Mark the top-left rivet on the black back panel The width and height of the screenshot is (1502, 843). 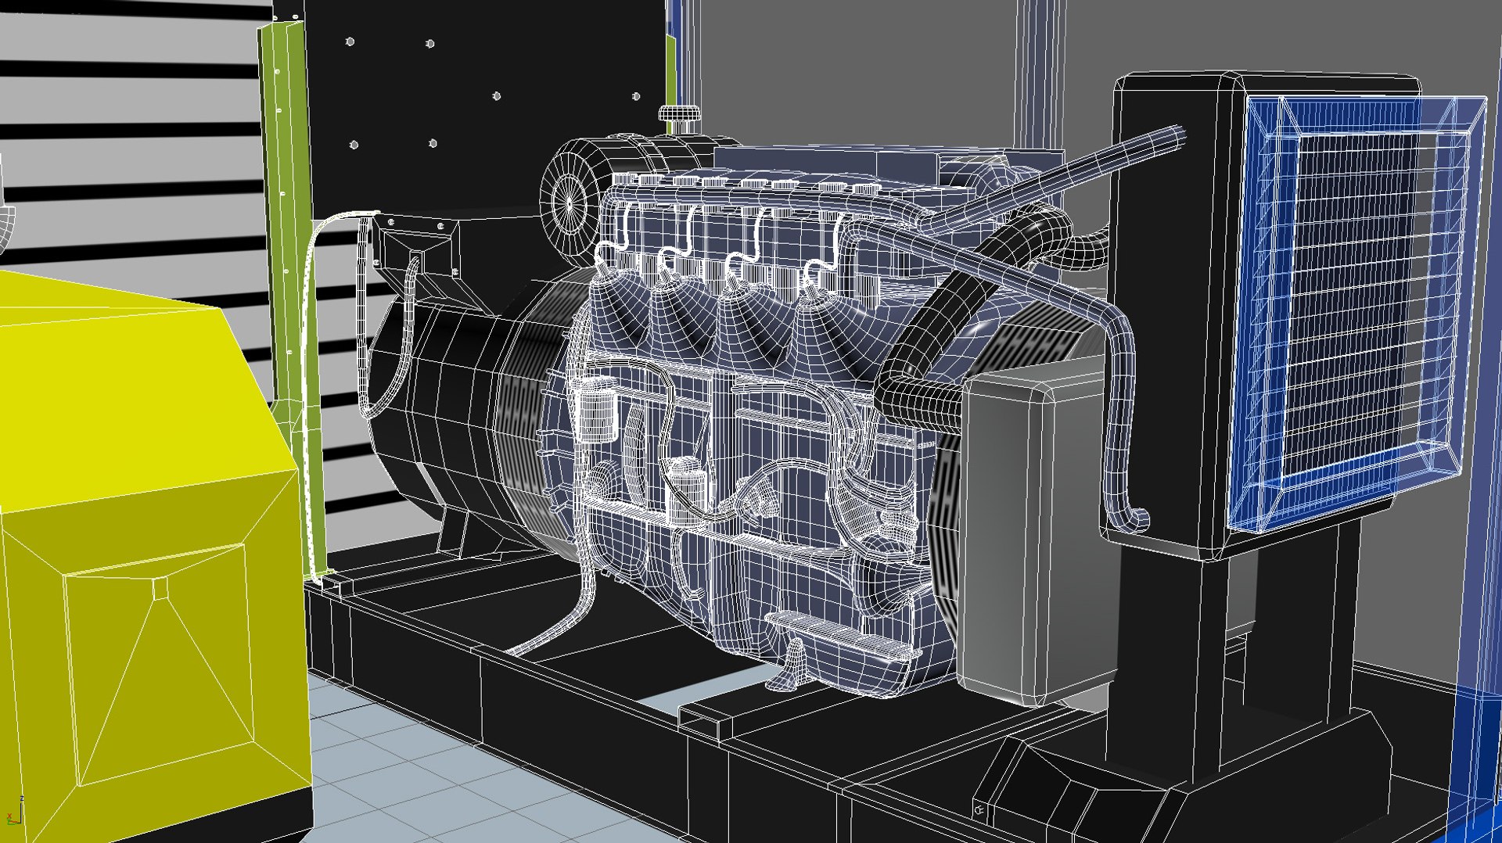coord(350,41)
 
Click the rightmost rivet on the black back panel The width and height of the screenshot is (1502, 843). coord(636,97)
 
